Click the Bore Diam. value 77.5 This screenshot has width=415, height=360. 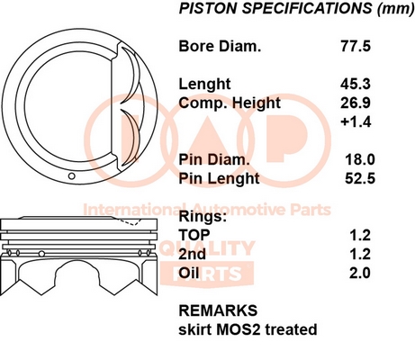tap(356, 47)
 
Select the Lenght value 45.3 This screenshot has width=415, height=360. tap(356, 85)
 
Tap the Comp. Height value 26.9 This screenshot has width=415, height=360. tap(356, 103)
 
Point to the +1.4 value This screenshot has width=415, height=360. tap(356, 121)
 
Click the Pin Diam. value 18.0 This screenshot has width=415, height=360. tap(360, 159)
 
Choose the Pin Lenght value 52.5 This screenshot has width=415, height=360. tap(360, 178)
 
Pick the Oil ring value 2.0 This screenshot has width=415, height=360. tap(360, 273)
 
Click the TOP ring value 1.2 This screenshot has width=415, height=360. tap(360, 235)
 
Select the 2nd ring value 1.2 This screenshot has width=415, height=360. tap(360, 254)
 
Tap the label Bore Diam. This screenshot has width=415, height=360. tap(220, 47)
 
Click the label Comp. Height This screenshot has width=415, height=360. tap(230, 103)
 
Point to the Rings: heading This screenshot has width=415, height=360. tap(203, 217)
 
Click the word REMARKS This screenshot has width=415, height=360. tap(218, 310)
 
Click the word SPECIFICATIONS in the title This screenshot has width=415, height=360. tap(307, 8)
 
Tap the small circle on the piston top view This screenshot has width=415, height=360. tap(71, 175)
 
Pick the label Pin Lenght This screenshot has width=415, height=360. tap(219, 179)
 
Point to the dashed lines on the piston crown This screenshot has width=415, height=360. tap(132, 221)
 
